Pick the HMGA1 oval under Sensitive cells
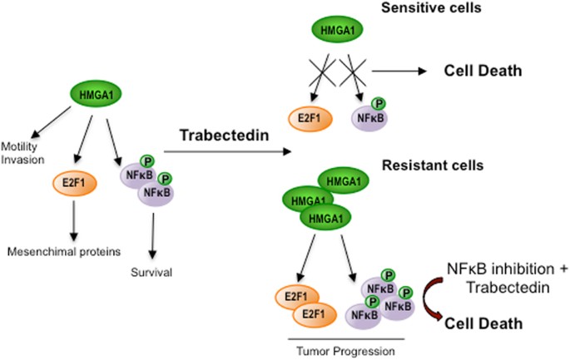coord(340,32)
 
